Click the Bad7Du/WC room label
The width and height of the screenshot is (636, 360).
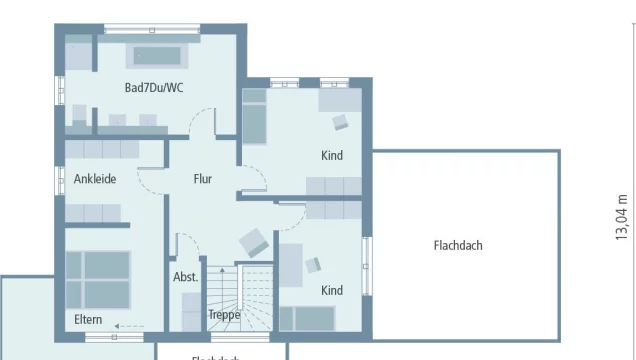click(x=153, y=88)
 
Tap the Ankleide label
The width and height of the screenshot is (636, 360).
click(x=95, y=180)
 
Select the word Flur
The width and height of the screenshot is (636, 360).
click(x=203, y=180)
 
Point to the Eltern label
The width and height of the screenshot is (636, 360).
click(x=88, y=319)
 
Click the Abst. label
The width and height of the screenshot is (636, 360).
click(x=185, y=277)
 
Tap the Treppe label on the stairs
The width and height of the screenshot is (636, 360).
click(x=224, y=314)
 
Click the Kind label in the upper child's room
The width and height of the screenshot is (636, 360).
click(x=331, y=155)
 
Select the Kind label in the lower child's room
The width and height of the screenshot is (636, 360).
click(x=331, y=290)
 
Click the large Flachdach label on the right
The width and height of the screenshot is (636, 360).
click(x=458, y=245)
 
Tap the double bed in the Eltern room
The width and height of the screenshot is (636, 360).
click(x=97, y=277)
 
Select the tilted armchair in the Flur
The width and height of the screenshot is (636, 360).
click(x=253, y=242)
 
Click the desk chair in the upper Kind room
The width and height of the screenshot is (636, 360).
click(x=340, y=121)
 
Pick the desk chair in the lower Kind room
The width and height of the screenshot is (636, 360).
click(x=313, y=264)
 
